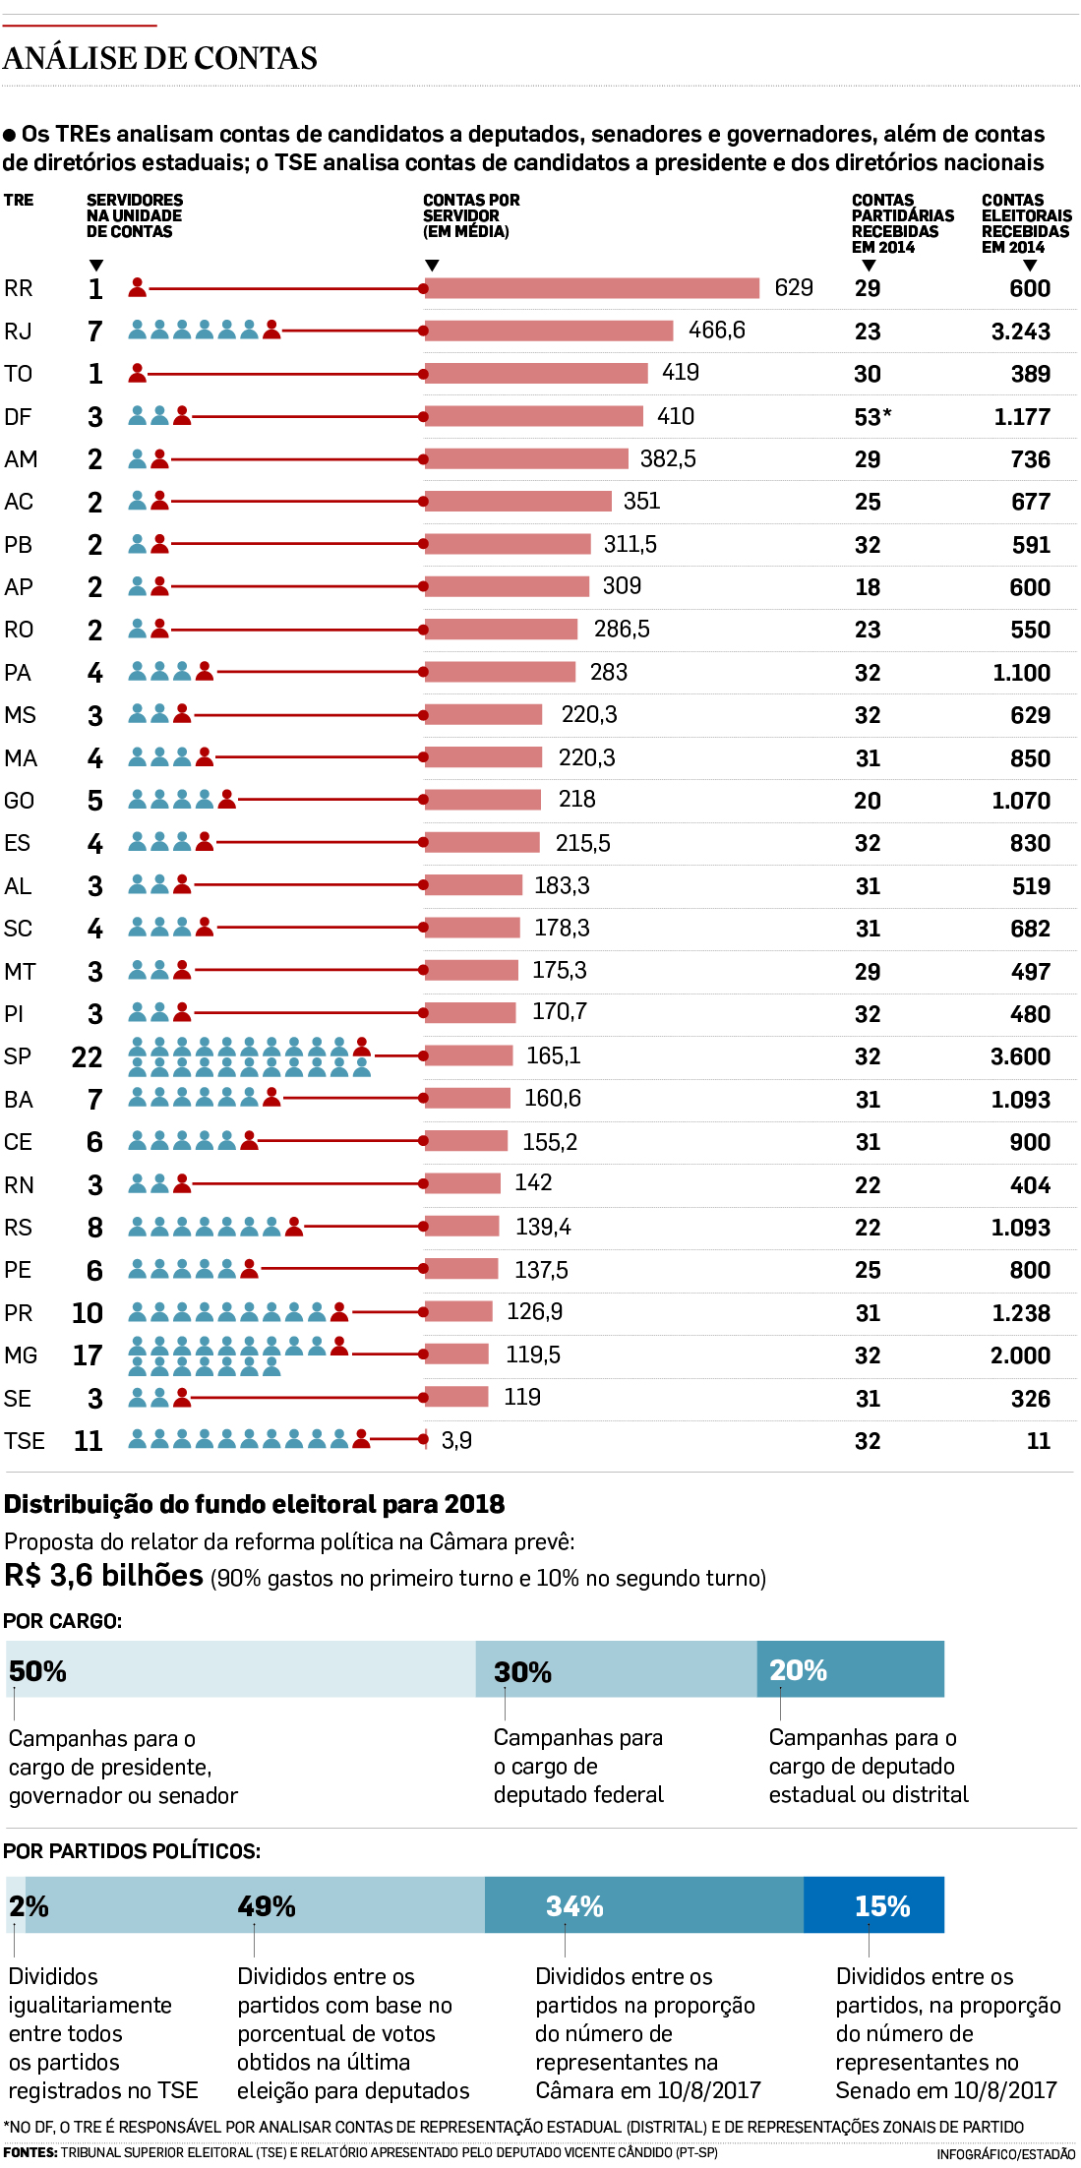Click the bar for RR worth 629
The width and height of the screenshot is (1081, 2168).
coord(592,288)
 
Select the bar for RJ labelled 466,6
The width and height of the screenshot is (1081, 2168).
coord(549,331)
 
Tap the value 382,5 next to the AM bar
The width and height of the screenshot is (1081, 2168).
coord(668,459)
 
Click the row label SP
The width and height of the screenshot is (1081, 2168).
coord(18,1056)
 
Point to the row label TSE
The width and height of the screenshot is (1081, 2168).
coord(25,1441)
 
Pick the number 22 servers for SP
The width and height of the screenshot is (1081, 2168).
coord(87,1057)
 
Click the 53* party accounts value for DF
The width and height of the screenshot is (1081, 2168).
coord(872,417)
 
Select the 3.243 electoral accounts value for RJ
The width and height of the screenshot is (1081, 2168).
coord(1020,332)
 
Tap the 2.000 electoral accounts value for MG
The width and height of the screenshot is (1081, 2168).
coord(1020,1355)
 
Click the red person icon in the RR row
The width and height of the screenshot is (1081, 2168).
coord(138,287)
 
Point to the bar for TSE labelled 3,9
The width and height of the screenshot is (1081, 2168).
coord(426,1440)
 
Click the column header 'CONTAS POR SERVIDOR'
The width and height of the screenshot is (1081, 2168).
coord(471,215)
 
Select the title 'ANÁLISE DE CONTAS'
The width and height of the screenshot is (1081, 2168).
coord(160,59)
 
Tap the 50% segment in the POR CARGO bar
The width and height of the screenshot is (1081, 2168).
coord(241,1669)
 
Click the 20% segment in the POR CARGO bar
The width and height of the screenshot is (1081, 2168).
coord(850,1669)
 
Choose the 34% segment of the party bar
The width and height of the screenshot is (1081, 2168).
coord(644,1905)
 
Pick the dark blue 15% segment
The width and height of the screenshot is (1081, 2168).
coord(873,1905)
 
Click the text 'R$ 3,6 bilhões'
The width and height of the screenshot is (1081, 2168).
coord(103,1576)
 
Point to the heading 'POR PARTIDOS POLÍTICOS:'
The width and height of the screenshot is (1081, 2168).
coord(132,1851)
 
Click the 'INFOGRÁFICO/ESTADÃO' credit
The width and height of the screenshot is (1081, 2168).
coord(1005,2154)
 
